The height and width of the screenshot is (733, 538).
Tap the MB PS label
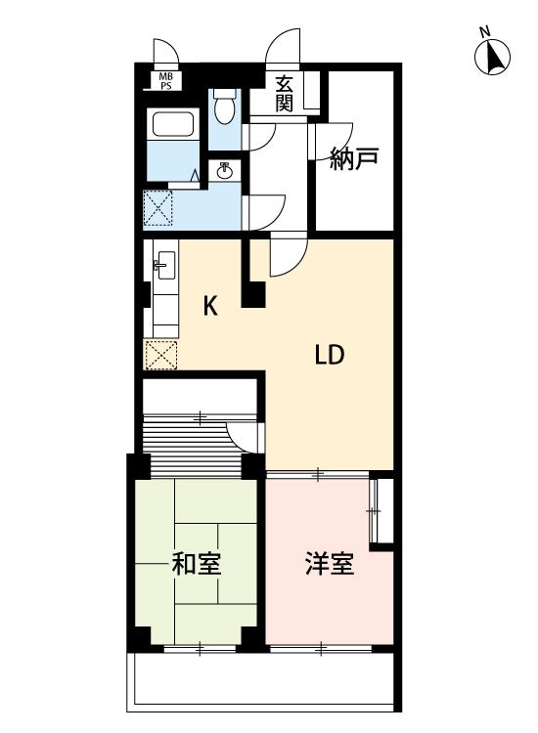point(165,81)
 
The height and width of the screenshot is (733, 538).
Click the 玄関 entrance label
point(284,94)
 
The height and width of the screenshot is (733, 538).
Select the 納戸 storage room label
point(354,159)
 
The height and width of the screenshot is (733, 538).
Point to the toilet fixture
point(225,107)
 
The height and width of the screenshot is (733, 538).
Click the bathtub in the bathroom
point(173,124)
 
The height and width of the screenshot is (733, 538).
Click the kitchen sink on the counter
point(164,265)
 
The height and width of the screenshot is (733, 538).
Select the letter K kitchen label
point(210,307)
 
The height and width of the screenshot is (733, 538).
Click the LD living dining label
point(330,355)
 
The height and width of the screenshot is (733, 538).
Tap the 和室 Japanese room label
point(197,563)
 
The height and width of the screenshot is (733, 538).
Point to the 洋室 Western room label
point(330,563)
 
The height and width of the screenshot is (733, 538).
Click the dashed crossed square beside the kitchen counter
point(160,355)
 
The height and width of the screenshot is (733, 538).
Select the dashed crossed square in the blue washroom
point(157,208)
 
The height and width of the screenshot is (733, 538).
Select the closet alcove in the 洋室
point(381,510)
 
